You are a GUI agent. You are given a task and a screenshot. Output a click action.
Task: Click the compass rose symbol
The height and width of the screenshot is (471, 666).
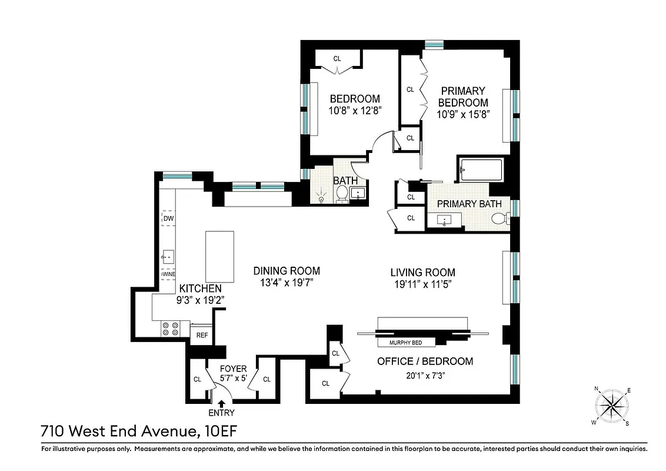612,405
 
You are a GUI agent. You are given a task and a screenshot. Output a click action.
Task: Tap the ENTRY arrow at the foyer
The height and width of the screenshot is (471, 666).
221,403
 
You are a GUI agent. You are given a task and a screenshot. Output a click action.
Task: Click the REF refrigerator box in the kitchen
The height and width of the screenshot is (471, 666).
202,335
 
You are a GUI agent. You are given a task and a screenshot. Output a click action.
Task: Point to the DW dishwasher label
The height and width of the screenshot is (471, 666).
168,218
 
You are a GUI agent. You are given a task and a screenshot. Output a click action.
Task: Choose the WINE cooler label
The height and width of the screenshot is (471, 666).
168,274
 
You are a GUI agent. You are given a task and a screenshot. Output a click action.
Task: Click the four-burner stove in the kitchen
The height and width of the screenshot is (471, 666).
171,329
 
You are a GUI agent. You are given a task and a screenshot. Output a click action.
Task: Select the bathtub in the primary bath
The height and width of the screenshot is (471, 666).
481,170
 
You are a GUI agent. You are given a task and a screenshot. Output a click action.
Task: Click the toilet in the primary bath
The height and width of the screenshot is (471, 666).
499,220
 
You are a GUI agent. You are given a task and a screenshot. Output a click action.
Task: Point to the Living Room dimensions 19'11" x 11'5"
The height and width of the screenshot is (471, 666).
422,284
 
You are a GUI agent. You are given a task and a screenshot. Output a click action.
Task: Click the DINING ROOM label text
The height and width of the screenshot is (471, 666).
287,271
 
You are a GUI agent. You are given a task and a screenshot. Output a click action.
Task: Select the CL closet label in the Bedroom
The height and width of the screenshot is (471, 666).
337,58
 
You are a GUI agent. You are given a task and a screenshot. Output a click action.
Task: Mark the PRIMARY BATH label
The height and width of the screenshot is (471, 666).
469,204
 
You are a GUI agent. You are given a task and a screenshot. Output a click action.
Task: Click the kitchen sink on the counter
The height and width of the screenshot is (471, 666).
168,257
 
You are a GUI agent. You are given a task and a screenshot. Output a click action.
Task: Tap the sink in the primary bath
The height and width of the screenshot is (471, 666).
445,220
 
